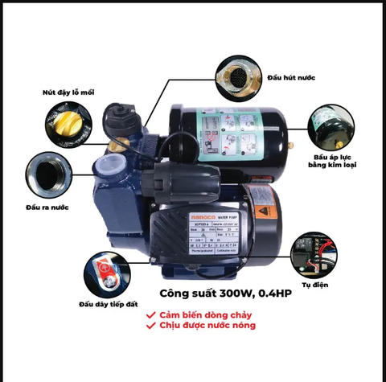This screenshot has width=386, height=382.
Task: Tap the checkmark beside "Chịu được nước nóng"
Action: [x=150, y=328]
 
